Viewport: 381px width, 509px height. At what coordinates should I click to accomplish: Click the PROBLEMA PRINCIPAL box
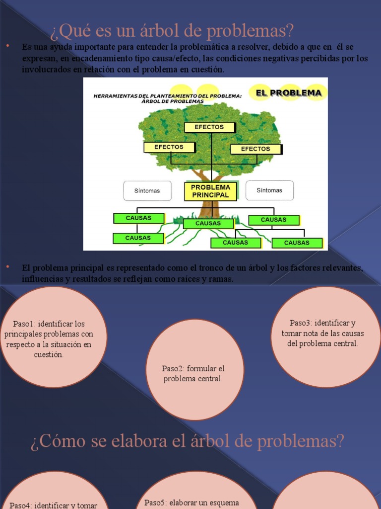coord(210,191)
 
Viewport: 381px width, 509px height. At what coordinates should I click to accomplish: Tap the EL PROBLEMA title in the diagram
coord(288,92)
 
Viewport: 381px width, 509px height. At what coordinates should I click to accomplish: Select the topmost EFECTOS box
coord(209,127)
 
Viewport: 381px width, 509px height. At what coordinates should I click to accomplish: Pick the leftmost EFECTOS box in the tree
coord(169,147)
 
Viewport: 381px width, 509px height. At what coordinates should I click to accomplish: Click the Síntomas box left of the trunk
coord(147,190)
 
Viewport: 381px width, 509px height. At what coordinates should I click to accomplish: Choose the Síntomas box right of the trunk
coord(269,190)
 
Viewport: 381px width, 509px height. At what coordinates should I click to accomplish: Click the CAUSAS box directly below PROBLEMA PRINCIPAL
coord(208,224)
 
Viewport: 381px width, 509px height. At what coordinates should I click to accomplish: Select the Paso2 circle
coord(195,370)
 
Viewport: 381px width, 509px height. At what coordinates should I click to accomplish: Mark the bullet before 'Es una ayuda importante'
coord(8,46)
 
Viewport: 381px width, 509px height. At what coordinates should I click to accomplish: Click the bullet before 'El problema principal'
coord(8,267)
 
